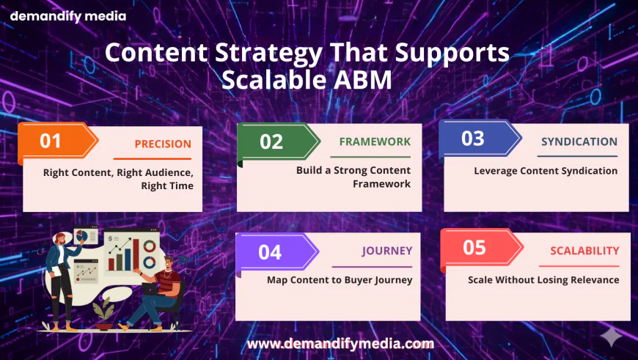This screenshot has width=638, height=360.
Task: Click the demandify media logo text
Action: [x=68, y=17]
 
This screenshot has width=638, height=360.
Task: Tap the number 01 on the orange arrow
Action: [x=51, y=142]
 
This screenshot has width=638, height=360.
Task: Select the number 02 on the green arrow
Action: [x=271, y=142]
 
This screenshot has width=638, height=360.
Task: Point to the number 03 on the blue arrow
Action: [x=473, y=139]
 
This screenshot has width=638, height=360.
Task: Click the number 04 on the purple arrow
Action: [x=270, y=253]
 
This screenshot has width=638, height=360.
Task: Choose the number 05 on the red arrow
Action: [x=474, y=247]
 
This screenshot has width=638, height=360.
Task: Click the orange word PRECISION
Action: [x=163, y=144]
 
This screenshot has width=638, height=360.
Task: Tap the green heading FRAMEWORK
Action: [x=375, y=142]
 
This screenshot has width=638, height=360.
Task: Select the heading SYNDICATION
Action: [x=579, y=142]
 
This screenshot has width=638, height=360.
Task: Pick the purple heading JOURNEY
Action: [x=387, y=251]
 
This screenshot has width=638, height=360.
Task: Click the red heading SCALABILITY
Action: [x=584, y=251]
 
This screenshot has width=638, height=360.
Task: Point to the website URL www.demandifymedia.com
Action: [x=340, y=344]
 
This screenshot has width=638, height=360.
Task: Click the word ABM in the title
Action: [x=362, y=80]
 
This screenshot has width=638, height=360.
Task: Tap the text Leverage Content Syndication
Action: [x=546, y=171]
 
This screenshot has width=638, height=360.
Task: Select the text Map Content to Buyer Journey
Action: [x=340, y=280]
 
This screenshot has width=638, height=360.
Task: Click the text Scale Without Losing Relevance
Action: [x=543, y=280]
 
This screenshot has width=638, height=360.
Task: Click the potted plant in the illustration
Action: [x=103, y=314]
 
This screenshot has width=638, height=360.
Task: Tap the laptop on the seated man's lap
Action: [x=150, y=289]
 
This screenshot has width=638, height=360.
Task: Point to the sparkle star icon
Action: [x=611, y=337]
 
